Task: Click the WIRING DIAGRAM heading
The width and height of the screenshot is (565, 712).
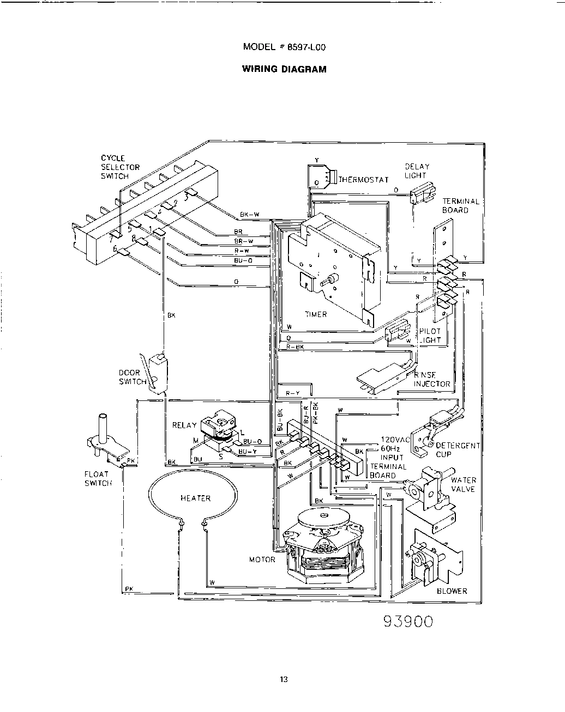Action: [284, 69]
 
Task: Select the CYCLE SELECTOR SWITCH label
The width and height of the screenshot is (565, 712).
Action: [120, 167]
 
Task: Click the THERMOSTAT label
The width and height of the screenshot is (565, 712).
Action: [364, 179]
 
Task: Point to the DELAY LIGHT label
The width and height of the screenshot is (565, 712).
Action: [417, 171]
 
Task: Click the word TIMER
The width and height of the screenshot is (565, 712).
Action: [316, 314]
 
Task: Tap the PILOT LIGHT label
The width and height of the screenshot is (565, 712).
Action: [430, 336]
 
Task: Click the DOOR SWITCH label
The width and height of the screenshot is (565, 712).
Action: [129, 377]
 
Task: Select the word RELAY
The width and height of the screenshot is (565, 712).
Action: [184, 425]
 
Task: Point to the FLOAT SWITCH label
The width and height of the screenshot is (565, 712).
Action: [97, 478]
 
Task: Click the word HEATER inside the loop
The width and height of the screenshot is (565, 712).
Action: [195, 498]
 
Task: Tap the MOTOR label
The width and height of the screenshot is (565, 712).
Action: [262, 559]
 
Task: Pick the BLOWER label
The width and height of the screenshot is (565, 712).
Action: [452, 591]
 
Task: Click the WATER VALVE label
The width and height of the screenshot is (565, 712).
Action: [463, 484]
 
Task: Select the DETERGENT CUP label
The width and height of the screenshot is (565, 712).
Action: [457, 449]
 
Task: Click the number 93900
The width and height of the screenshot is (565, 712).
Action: [408, 622]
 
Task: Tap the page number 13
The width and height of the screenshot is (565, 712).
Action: [283, 679]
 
